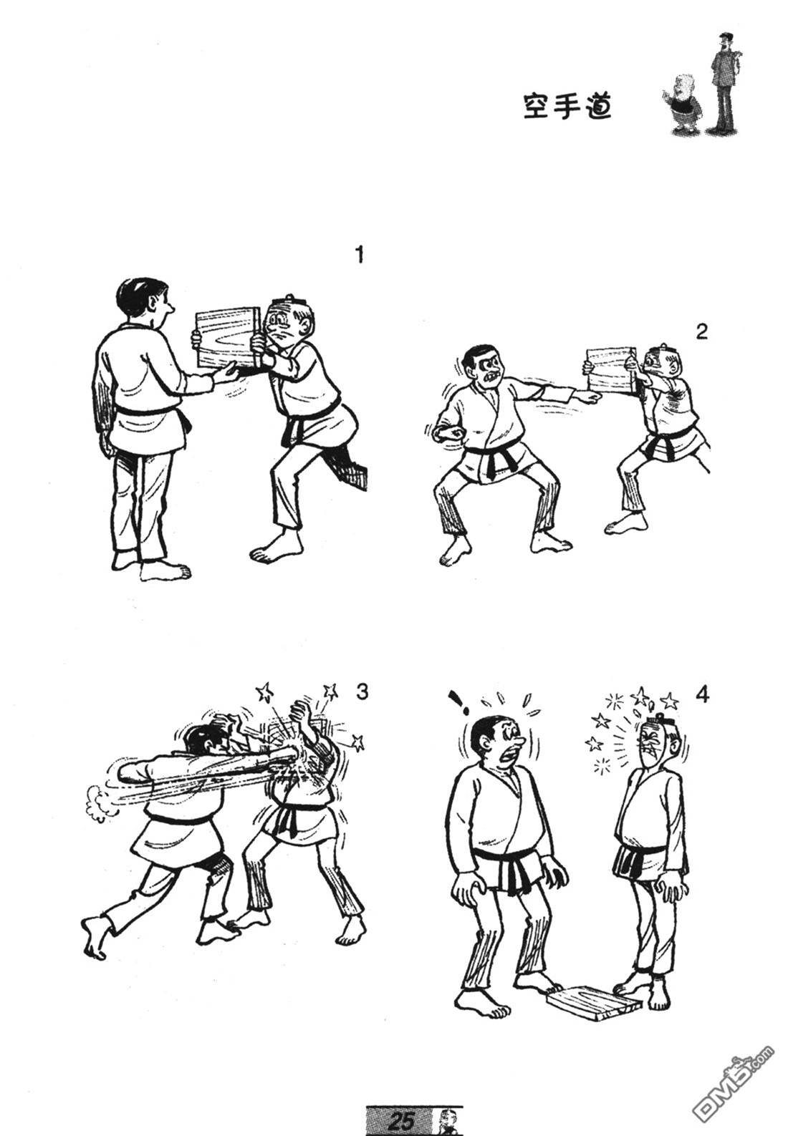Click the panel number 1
click(x=359, y=255)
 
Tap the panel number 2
click(x=702, y=332)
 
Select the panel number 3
click(x=361, y=691)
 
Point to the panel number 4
click(x=702, y=695)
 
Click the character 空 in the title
click(x=537, y=107)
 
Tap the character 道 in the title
click(x=597, y=107)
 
